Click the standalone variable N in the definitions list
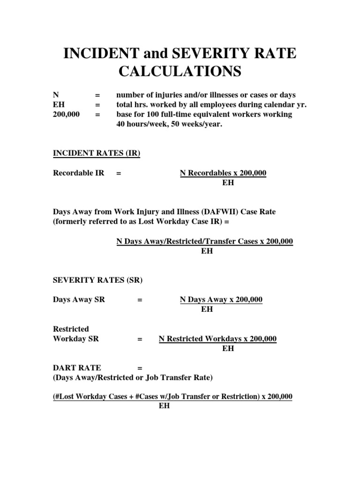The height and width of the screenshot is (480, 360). coord(57,95)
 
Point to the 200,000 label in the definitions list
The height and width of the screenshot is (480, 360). coord(67,114)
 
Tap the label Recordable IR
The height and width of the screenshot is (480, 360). coord(79,173)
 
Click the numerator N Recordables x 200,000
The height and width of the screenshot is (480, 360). coord(223,173)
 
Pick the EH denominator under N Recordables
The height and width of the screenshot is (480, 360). coord(228,183)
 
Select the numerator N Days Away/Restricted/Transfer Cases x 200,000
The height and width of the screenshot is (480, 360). coord(205,241)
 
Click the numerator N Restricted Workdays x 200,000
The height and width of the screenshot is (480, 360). coord(217,339)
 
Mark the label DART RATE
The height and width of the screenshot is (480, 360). coord(77,368)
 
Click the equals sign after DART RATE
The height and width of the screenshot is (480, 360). coord(140,368)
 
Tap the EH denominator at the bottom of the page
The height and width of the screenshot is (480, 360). coord(164,406)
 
